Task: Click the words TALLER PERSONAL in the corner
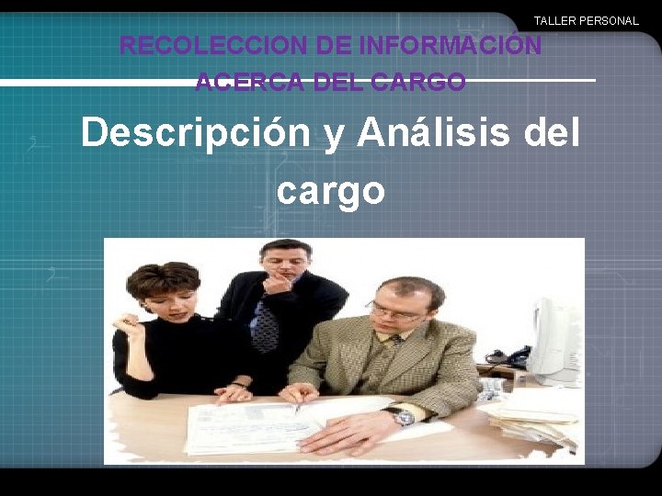[x=586, y=20]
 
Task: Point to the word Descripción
[x=196, y=132]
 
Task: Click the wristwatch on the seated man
[x=404, y=418]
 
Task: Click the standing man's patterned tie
[x=266, y=326]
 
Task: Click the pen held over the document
[x=297, y=401]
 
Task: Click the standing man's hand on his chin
[x=277, y=284]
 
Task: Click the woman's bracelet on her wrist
[x=241, y=383]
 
